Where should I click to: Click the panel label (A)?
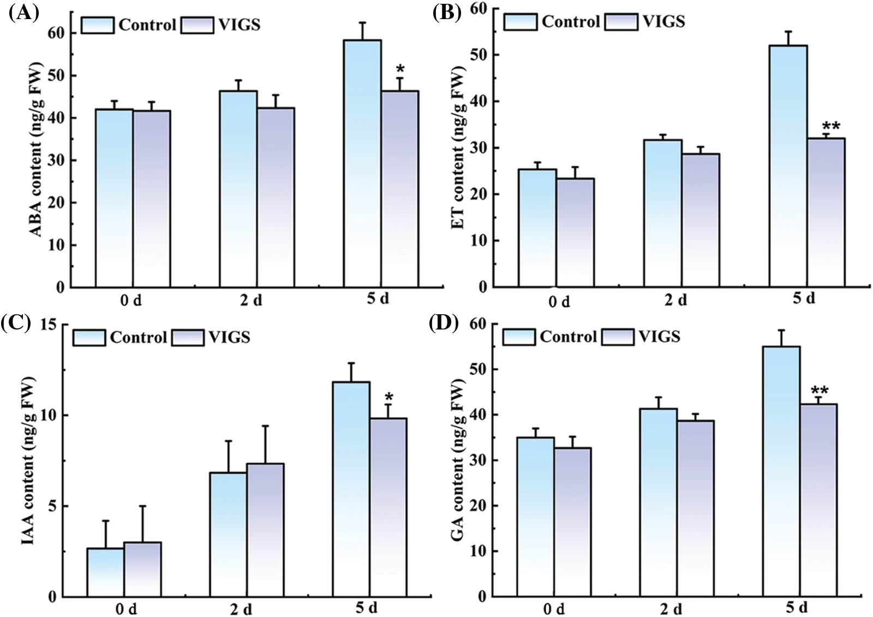23,13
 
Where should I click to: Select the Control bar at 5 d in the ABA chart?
362,164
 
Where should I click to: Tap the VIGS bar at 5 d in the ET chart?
826,213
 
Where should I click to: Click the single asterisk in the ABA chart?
400,70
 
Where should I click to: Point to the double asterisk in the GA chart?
820,391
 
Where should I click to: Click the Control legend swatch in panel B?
520,22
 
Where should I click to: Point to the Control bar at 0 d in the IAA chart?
105,573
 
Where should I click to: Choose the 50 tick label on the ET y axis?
480,55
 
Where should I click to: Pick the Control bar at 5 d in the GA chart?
781,472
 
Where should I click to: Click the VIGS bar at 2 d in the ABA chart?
276,197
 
